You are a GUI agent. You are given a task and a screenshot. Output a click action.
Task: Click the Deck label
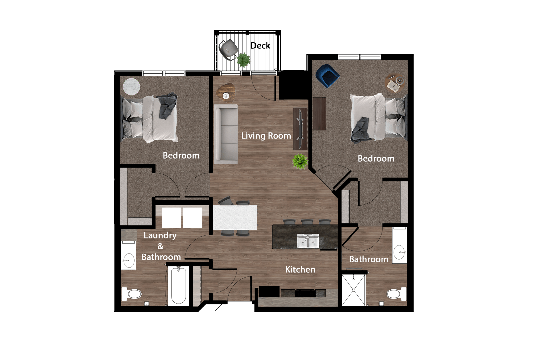tap(260, 46)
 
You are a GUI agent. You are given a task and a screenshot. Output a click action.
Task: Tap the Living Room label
tap(266, 136)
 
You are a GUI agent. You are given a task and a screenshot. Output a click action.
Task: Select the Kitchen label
tap(300, 270)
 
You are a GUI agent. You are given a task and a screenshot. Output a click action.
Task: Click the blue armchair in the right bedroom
tap(327, 75)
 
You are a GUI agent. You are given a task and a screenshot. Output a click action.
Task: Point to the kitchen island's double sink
tap(308, 241)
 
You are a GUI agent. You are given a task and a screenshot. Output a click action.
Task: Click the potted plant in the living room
tap(300, 161)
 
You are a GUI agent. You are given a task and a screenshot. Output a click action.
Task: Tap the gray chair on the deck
tap(228, 49)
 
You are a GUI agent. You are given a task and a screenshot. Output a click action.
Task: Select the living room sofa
tap(226, 134)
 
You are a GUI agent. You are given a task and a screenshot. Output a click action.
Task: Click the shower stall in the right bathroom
tap(354, 290)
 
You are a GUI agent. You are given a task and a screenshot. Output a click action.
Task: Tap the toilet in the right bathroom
tap(396, 294)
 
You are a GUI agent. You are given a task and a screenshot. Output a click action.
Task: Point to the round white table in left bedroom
tap(131, 87)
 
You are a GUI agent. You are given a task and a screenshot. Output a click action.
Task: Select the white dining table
tap(235, 218)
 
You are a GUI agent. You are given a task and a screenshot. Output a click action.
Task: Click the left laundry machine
tap(171, 218)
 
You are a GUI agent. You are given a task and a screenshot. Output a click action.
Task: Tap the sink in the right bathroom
tap(399, 252)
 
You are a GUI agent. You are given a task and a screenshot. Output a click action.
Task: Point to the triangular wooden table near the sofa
tap(226, 92)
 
